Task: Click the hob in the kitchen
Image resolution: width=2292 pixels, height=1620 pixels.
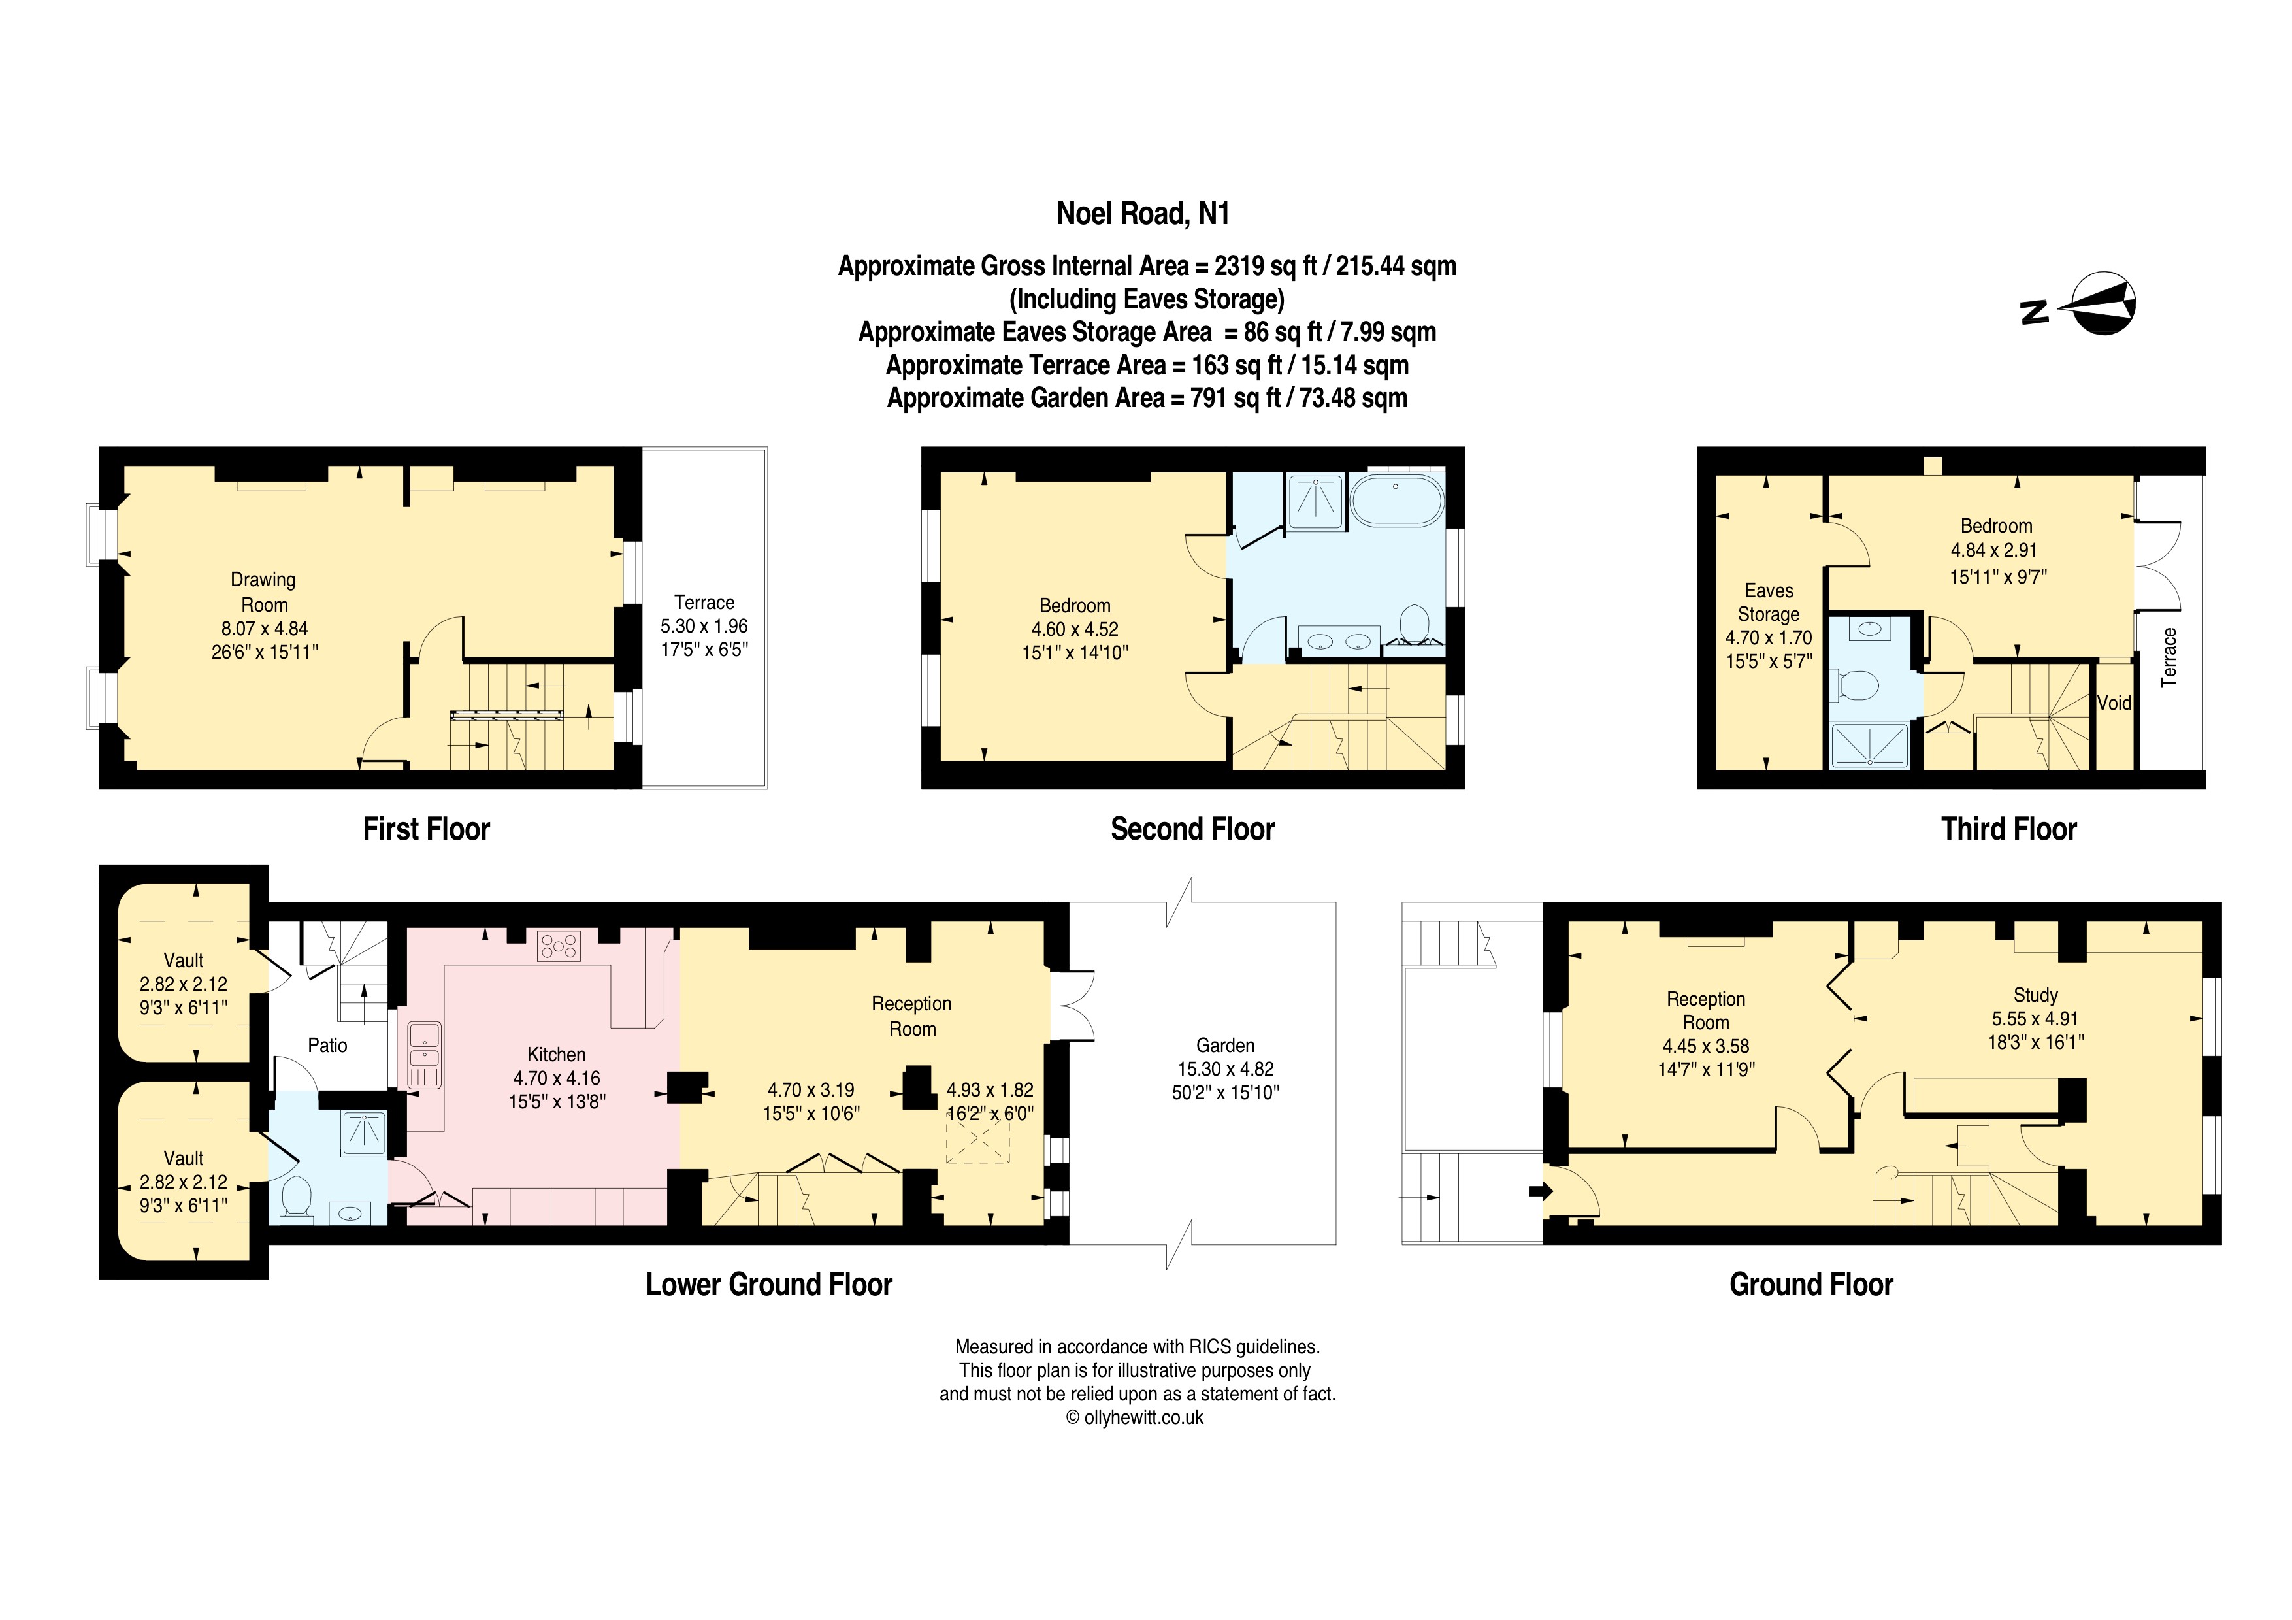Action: tap(558, 945)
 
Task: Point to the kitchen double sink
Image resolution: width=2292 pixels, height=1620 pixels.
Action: tap(424, 1054)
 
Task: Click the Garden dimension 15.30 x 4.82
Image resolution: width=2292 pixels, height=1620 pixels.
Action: tap(1225, 1068)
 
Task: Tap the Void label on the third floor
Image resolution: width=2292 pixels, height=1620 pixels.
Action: tap(2114, 703)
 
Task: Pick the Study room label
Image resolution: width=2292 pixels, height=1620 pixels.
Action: tap(2035, 995)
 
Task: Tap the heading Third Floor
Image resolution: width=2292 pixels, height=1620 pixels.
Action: tap(2008, 829)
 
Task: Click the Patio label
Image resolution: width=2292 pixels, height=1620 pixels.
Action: tap(327, 1045)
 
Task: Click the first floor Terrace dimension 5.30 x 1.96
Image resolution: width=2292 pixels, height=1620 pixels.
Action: tap(704, 626)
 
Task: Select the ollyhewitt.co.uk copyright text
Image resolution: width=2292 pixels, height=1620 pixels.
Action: tap(1136, 1417)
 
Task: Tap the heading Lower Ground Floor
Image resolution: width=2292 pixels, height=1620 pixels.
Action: tap(768, 1285)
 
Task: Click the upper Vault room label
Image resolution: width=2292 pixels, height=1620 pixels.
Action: tap(184, 960)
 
